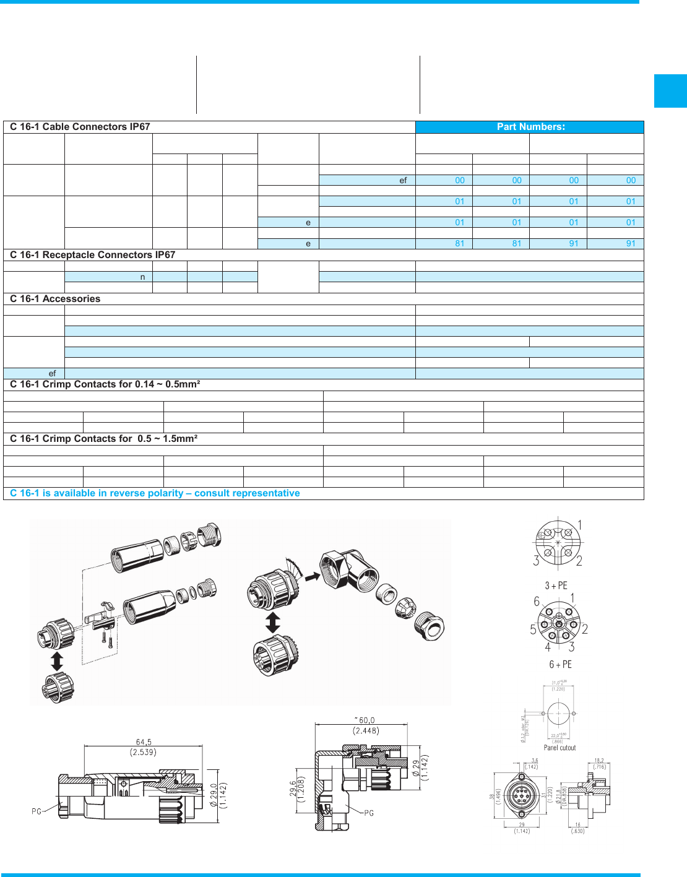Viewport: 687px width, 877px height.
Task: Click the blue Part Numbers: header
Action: click(x=530, y=127)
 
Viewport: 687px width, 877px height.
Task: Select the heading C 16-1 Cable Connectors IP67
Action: click(x=80, y=127)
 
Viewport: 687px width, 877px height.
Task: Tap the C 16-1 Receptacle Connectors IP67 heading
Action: click(x=92, y=255)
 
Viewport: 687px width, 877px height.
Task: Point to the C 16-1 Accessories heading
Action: click(x=55, y=299)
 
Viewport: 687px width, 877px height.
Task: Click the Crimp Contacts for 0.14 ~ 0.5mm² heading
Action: click(x=105, y=384)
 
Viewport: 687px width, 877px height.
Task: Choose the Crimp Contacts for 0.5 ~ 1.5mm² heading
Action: click(x=103, y=439)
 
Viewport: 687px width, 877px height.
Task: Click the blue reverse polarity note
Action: click(x=155, y=493)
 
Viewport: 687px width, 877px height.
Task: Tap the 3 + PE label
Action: click(x=556, y=585)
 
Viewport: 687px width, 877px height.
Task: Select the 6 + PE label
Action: click(x=560, y=665)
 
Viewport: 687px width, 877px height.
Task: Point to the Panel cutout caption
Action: click(x=560, y=748)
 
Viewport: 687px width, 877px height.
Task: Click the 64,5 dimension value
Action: click(x=144, y=742)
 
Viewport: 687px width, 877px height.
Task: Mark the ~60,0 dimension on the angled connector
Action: click(x=365, y=720)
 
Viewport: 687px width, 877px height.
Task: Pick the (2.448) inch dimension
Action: click(x=366, y=731)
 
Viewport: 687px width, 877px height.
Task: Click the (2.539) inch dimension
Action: click(x=143, y=753)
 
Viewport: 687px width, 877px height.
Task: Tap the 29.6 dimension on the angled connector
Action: click(x=293, y=792)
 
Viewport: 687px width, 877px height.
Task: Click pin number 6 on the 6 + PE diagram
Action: click(x=537, y=602)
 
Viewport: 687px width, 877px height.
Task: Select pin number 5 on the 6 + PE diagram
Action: click(x=533, y=630)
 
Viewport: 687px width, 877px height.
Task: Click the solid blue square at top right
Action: click(x=670, y=91)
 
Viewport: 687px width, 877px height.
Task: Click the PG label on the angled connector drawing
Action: click(x=369, y=813)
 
